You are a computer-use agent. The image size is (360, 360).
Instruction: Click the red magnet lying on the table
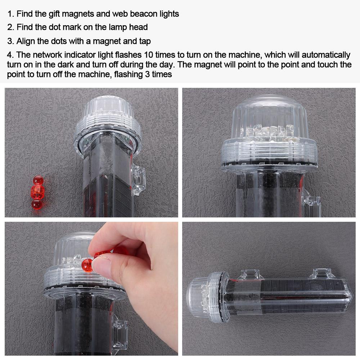(37, 193)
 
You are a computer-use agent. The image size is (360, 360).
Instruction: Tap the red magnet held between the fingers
(87, 265)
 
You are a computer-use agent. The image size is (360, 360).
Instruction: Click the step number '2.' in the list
(11, 27)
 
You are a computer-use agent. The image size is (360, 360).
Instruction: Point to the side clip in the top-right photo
(312, 205)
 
